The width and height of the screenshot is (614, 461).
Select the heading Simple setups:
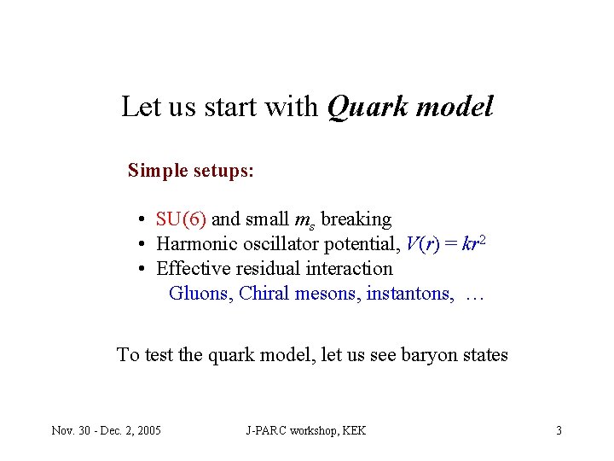(190, 170)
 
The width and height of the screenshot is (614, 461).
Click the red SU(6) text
(181, 219)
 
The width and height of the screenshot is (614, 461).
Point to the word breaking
(356, 219)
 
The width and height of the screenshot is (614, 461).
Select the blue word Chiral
(264, 294)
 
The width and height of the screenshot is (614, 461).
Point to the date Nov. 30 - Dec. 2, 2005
(107, 430)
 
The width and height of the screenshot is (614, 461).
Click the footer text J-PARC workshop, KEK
(305, 430)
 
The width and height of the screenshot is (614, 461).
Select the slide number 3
(559, 430)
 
